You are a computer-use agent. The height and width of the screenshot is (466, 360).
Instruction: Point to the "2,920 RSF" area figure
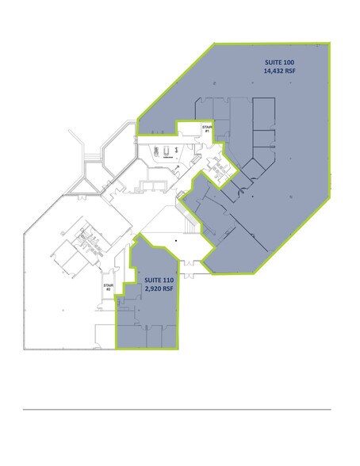click(159, 290)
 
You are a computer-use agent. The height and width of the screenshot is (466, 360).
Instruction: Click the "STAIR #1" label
click(207, 129)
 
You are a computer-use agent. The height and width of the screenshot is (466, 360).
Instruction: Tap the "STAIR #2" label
click(107, 288)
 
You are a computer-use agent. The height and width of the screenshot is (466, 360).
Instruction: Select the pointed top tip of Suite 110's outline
click(140, 234)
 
